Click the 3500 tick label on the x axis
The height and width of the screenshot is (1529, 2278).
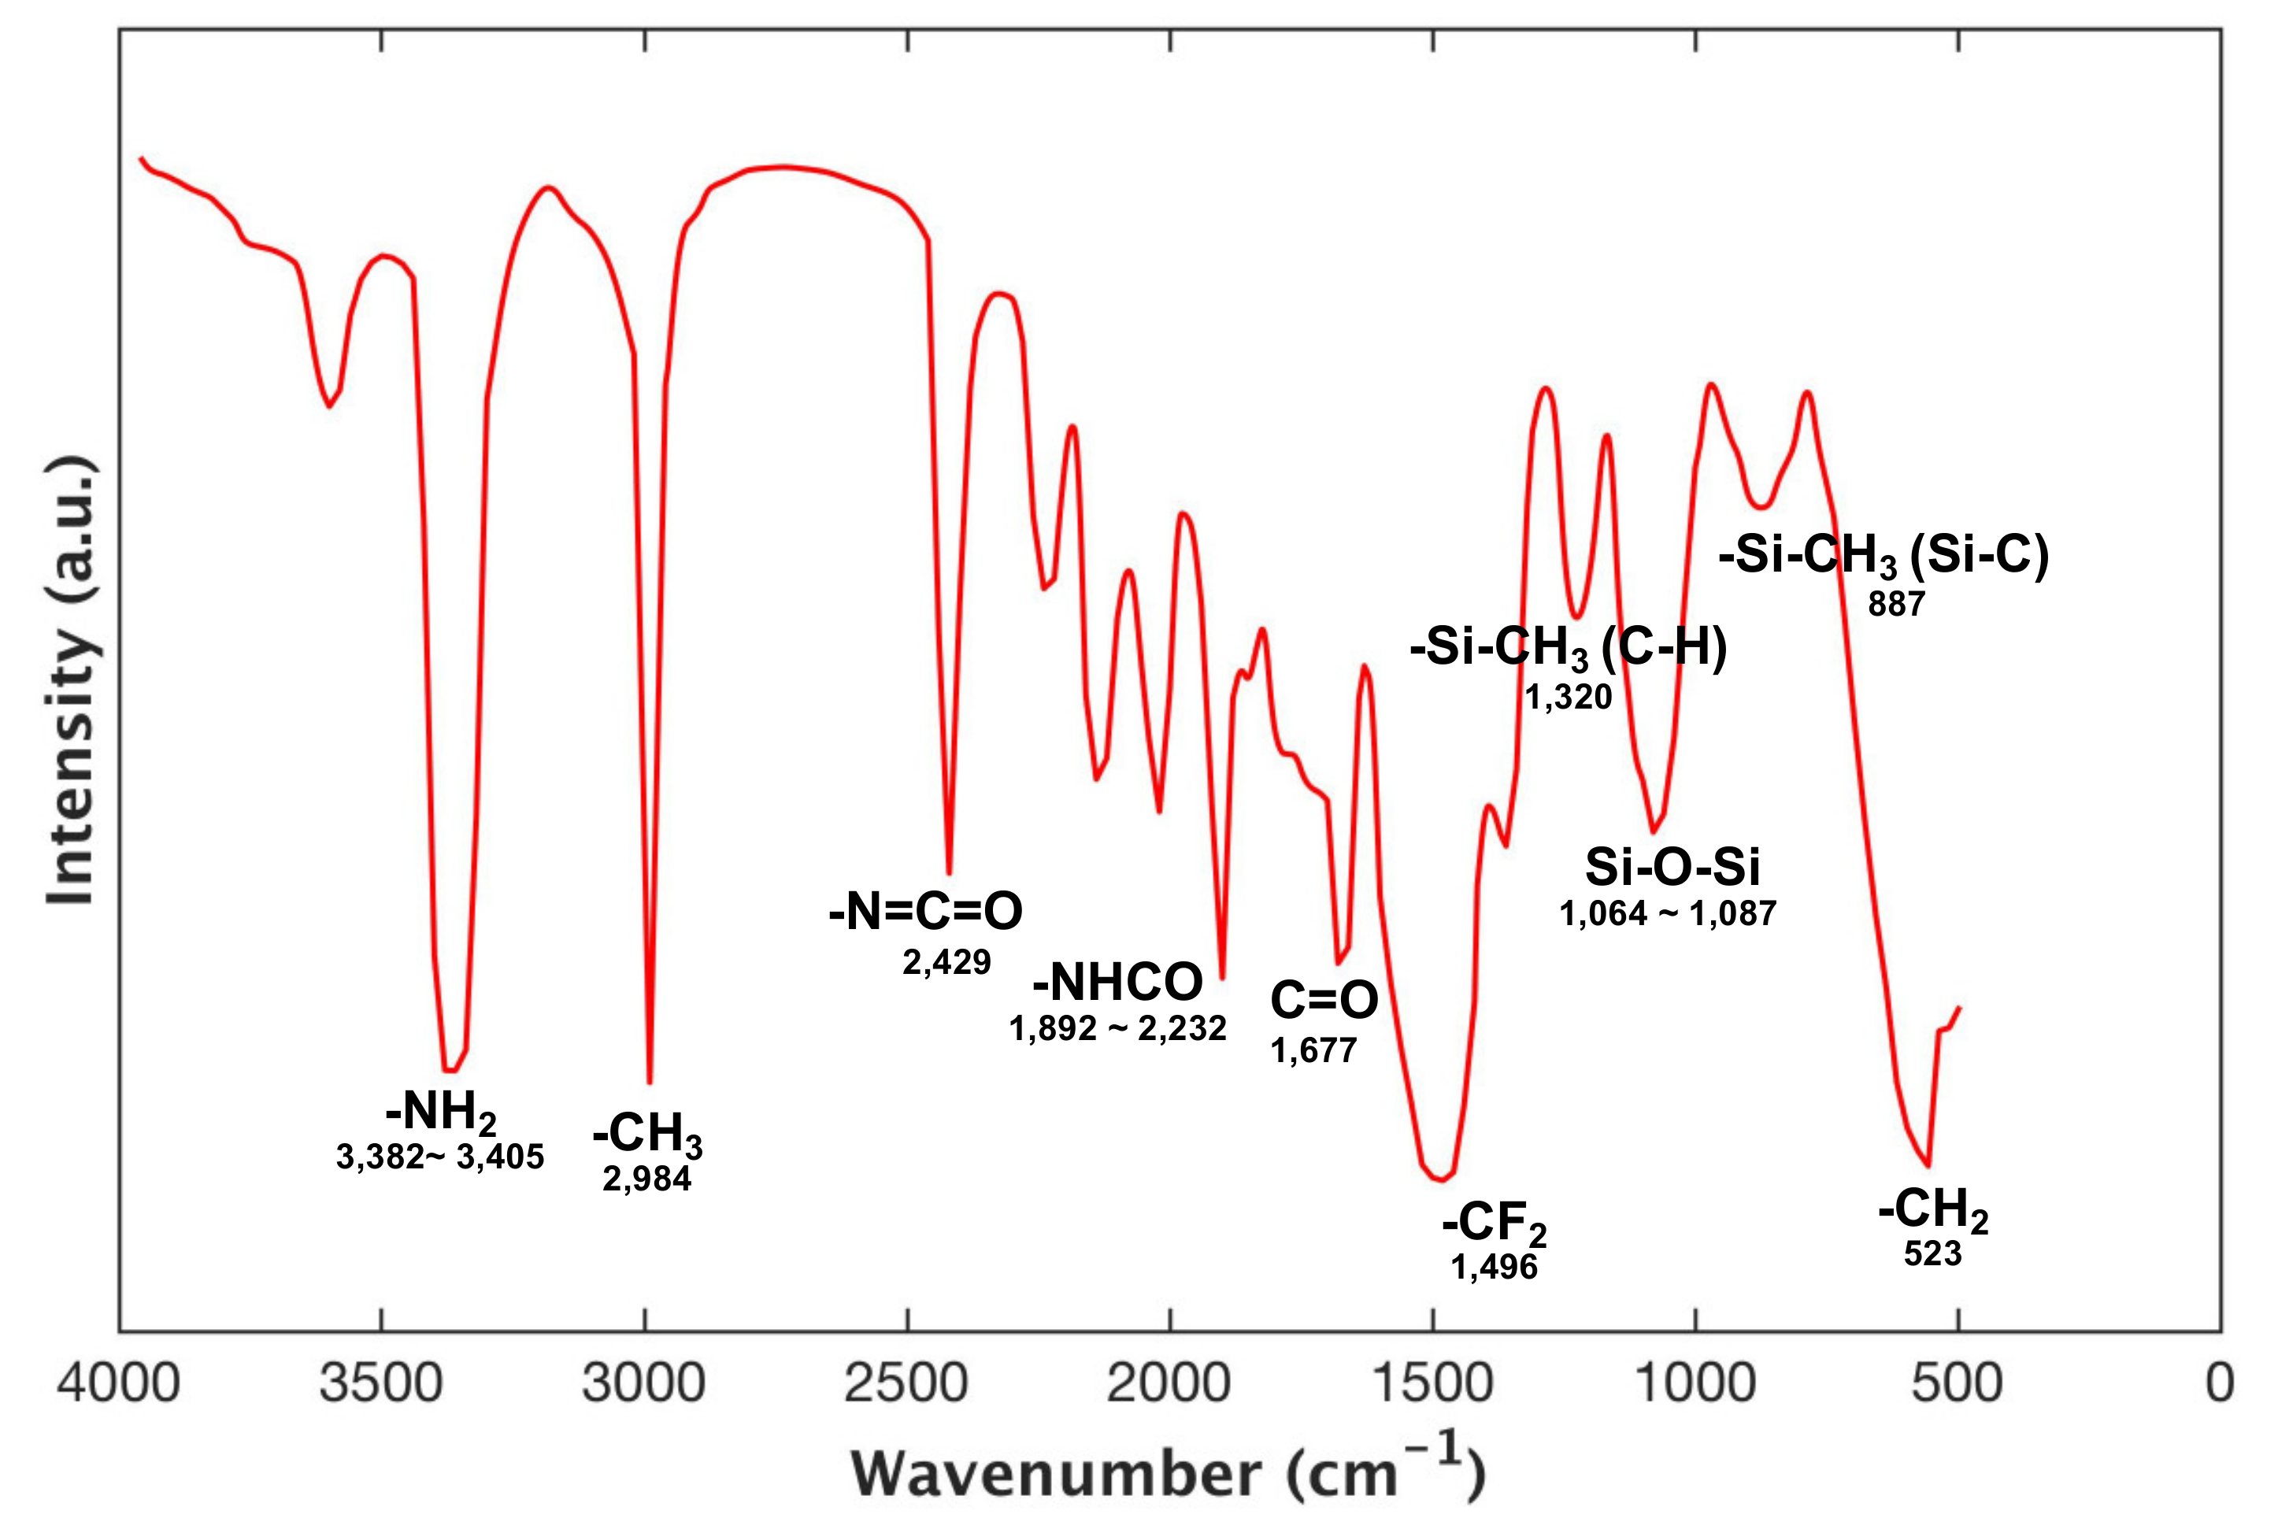pyautogui.click(x=381, y=1383)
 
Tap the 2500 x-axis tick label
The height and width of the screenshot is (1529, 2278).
pyautogui.click(x=906, y=1383)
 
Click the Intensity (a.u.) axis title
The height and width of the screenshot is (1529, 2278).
pyautogui.click(x=71, y=679)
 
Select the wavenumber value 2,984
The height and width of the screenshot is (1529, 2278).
pyautogui.click(x=646, y=1179)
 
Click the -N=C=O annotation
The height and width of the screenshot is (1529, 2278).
pyautogui.click(x=925, y=911)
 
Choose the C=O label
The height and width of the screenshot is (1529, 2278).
pyautogui.click(x=1324, y=999)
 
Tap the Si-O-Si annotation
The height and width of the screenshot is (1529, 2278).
pyautogui.click(x=1672, y=867)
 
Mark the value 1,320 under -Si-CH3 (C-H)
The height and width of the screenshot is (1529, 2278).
pyautogui.click(x=1568, y=696)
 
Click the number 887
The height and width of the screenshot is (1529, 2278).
pyautogui.click(x=1896, y=605)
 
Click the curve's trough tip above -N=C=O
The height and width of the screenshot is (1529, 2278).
pyautogui.click(x=949, y=872)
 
